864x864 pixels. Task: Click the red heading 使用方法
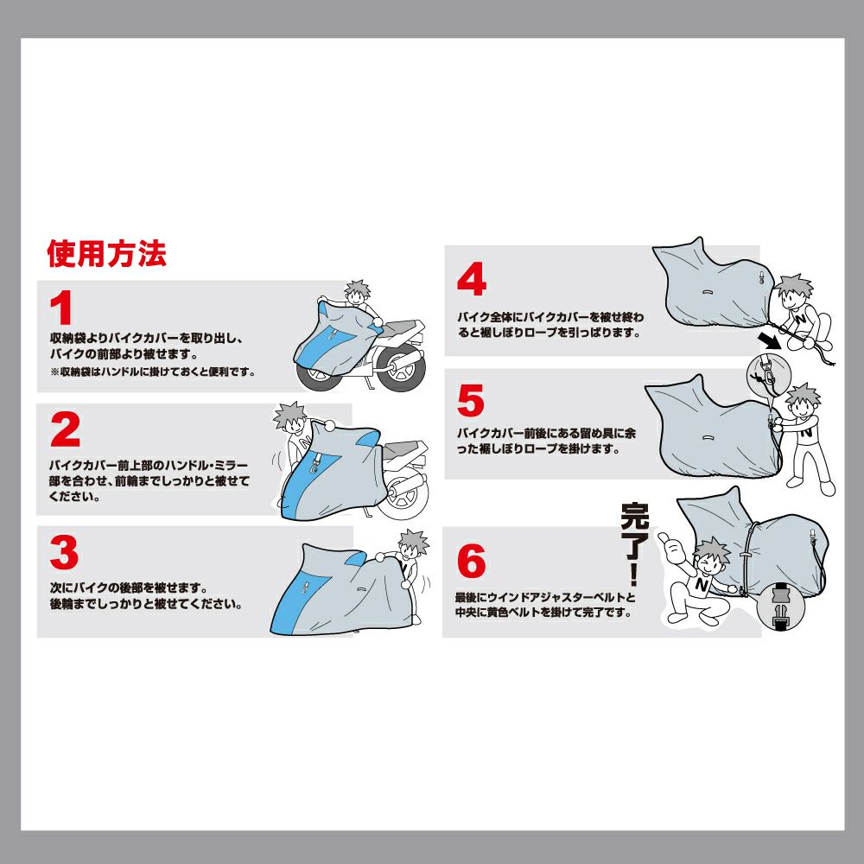(107, 253)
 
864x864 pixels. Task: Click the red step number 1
(61, 308)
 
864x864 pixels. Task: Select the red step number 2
(65, 429)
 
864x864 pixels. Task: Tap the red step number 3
(64, 553)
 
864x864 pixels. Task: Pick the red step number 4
(472, 279)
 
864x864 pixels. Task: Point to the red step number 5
(471, 400)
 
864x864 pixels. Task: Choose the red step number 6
(472, 561)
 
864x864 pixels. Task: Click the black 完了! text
(635, 543)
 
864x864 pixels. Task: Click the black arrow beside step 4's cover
(770, 340)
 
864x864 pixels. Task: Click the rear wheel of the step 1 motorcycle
(400, 369)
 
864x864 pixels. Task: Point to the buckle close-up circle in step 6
(781, 607)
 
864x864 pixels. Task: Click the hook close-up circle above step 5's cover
(769, 375)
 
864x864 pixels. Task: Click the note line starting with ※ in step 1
(153, 372)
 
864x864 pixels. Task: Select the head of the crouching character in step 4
(794, 293)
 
